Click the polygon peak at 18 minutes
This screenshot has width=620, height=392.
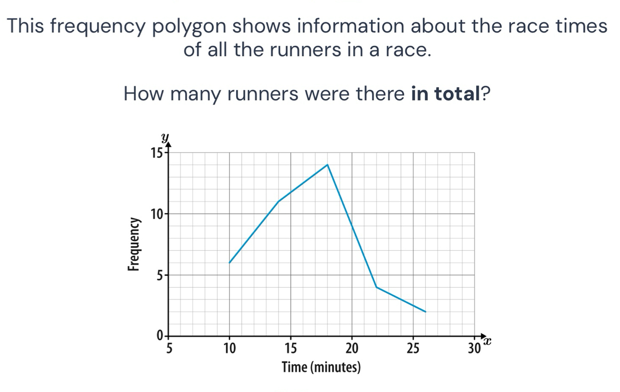327,165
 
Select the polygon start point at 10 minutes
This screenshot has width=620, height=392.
229,263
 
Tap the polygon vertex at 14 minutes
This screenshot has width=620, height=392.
278,201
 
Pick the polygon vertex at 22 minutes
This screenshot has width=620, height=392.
377,287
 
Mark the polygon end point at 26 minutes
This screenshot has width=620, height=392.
425,312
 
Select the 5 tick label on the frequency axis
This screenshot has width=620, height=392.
158,275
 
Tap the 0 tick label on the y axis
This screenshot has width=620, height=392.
159,336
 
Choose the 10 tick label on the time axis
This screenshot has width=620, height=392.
229,348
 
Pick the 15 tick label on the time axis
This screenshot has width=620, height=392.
291,348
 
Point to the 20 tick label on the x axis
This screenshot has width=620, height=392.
352,348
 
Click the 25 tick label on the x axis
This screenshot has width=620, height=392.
413,348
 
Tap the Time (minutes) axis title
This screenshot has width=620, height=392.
321,367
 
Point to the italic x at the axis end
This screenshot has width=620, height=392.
486,343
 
